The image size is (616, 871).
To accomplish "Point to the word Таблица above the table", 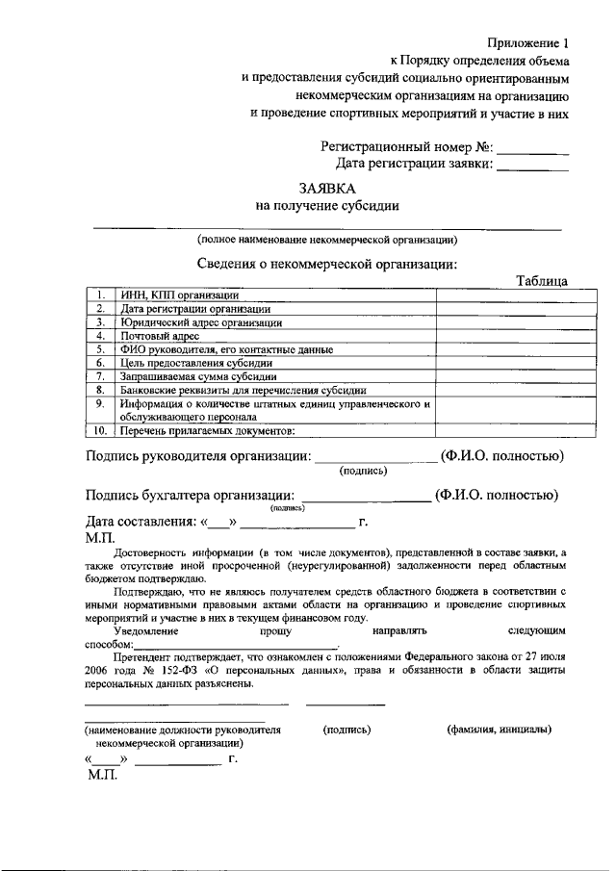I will pos(541,280).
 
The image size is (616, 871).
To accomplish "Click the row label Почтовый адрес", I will pos(159,336).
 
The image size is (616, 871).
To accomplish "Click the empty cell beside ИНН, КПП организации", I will pos(500,295).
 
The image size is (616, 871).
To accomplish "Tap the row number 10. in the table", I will pos(100,431).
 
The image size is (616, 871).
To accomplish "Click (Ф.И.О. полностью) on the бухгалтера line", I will pos(496,496).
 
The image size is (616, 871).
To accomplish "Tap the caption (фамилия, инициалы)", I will pos(499,730).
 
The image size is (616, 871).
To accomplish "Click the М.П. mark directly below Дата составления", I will pos(101,541).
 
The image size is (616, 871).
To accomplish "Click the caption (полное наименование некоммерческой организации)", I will pos(326,240).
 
